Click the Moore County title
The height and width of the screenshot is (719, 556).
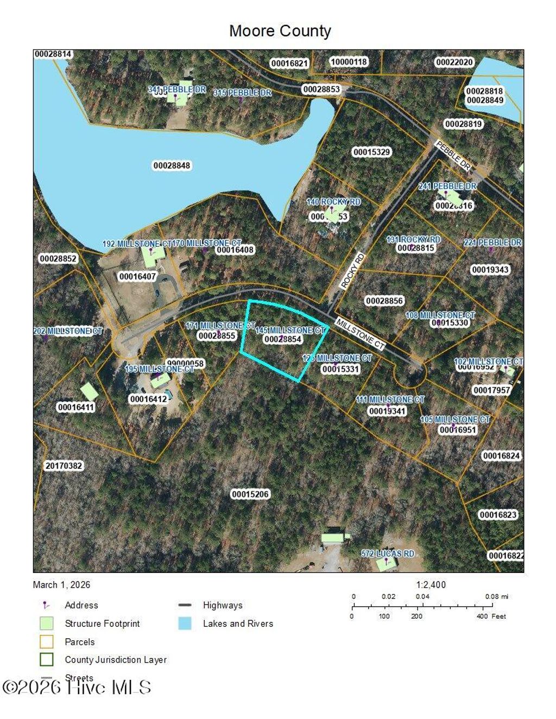[x=280, y=31]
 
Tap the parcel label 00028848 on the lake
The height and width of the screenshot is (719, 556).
[x=172, y=166]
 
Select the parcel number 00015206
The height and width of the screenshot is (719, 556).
[x=250, y=494]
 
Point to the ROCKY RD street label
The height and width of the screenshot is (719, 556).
[x=352, y=270]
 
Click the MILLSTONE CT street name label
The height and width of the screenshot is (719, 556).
[x=360, y=334]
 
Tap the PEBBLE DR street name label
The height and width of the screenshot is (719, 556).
[x=453, y=155]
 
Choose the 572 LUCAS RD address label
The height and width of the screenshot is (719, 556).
[x=388, y=553]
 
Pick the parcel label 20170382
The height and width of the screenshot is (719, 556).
[x=64, y=466]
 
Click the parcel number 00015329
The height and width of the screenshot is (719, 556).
[x=372, y=152]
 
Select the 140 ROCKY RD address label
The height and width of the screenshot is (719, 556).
[x=333, y=202]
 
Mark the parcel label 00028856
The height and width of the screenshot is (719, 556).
[x=384, y=301]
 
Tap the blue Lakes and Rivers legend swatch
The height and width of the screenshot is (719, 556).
[x=185, y=623]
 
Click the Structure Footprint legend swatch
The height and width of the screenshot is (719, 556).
[x=47, y=623]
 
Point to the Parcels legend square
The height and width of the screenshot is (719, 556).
[x=47, y=641]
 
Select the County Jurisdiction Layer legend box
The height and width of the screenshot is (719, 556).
[x=47, y=659]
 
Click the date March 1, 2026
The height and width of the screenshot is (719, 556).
[x=61, y=584]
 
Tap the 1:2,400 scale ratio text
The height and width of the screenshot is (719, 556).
[x=431, y=584]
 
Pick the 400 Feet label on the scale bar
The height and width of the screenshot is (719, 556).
[x=491, y=616]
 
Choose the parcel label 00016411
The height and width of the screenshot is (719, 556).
[x=75, y=407]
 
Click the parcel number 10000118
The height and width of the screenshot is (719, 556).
[x=349, y=62]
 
